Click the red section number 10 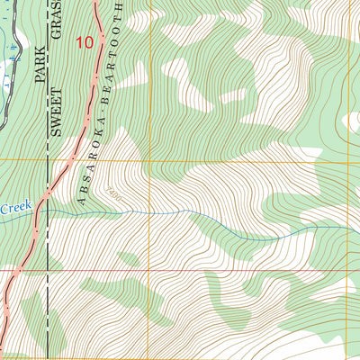[85, 41]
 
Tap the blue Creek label [15, 208]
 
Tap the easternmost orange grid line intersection [345, 160]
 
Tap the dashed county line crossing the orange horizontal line [47, 160]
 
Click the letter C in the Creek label [4, 209]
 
